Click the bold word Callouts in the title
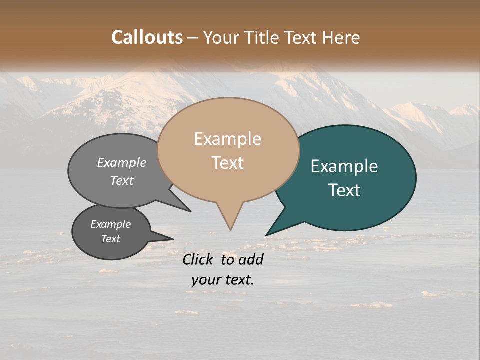pos(147,37)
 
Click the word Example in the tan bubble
pos(227,139)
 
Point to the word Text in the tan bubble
pos(227,163)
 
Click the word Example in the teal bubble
pos(344,166)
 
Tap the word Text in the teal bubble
pos(344,190)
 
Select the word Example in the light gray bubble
pos(122,162)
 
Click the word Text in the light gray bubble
pos(122,180)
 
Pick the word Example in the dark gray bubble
pos(111,224)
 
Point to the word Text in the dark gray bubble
pos(111,239)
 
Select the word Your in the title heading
pos(221,37)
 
